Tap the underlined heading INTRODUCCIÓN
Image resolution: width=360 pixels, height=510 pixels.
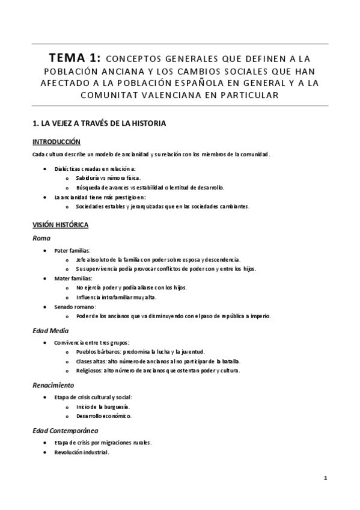tap(56, 142)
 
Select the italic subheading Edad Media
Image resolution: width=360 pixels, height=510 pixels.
tap(50, 330)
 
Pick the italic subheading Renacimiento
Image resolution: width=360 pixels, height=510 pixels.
tap(53, 384)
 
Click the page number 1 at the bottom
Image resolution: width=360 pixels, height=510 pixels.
tap(325, 478)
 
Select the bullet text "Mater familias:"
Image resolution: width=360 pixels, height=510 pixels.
tap(73, 278)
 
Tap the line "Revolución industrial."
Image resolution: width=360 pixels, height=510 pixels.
tap(82, 452)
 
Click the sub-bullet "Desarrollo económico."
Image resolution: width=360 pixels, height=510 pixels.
tap(104, 416)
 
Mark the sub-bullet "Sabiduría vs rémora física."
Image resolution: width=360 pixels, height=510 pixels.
tap(108, 178)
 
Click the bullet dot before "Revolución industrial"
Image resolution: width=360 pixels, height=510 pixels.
tap(46, 452)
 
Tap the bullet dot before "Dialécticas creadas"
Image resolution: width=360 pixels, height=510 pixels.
tap(46, 169)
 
